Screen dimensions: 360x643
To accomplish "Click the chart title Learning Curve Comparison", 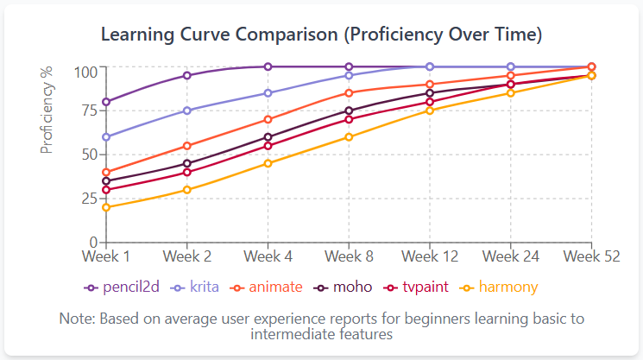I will (x=321, y=35).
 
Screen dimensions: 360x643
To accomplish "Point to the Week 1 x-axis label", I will (x=105, y=256).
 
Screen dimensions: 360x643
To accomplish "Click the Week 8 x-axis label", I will (x=349, y=256).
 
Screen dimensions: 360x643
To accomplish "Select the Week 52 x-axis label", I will (x=591, y=256).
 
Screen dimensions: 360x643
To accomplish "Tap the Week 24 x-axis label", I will (x=510, y=256).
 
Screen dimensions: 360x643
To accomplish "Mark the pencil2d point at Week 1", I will (x=105, y=102).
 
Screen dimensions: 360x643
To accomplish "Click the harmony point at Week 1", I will (x=105, y=207).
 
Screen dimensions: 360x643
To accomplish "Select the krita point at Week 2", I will (x=186, y=111).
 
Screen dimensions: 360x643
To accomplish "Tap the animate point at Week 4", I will (x=268, y=119).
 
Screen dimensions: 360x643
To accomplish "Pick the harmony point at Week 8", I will (x=349, y=136).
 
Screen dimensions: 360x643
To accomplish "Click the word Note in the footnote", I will (x=76, y=319).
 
